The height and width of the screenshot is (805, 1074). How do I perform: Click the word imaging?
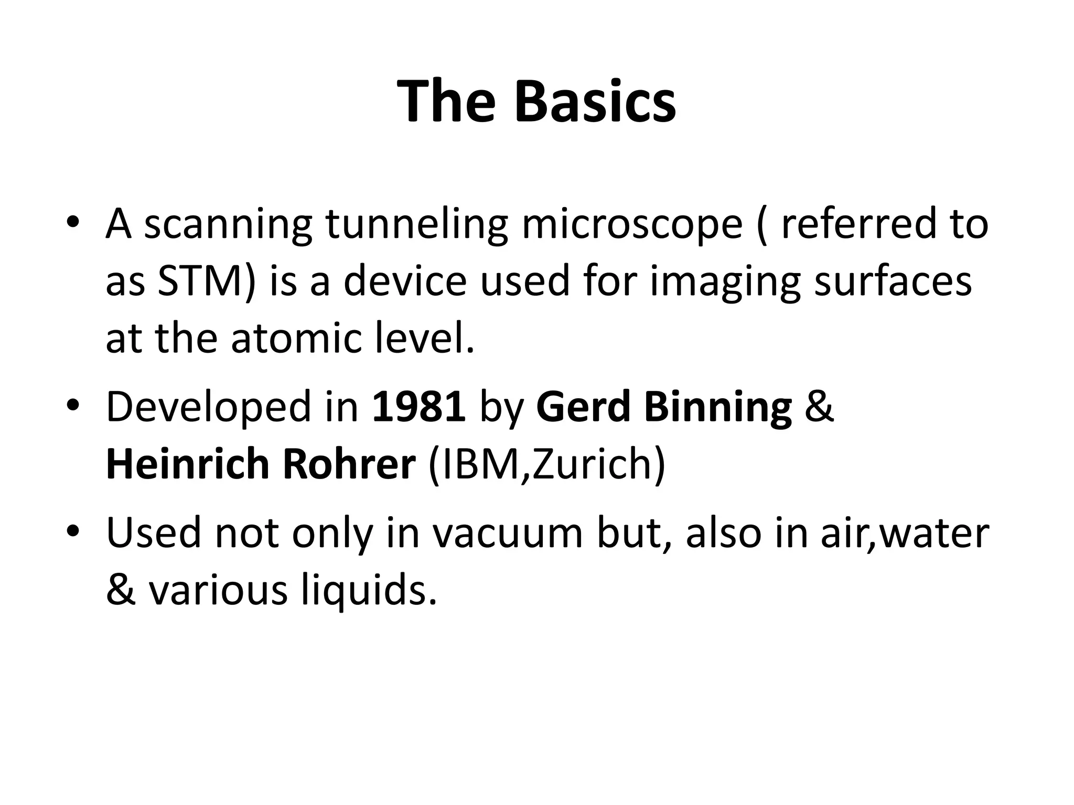(724, 282)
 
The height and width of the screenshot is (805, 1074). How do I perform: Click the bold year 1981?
(418, 407)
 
